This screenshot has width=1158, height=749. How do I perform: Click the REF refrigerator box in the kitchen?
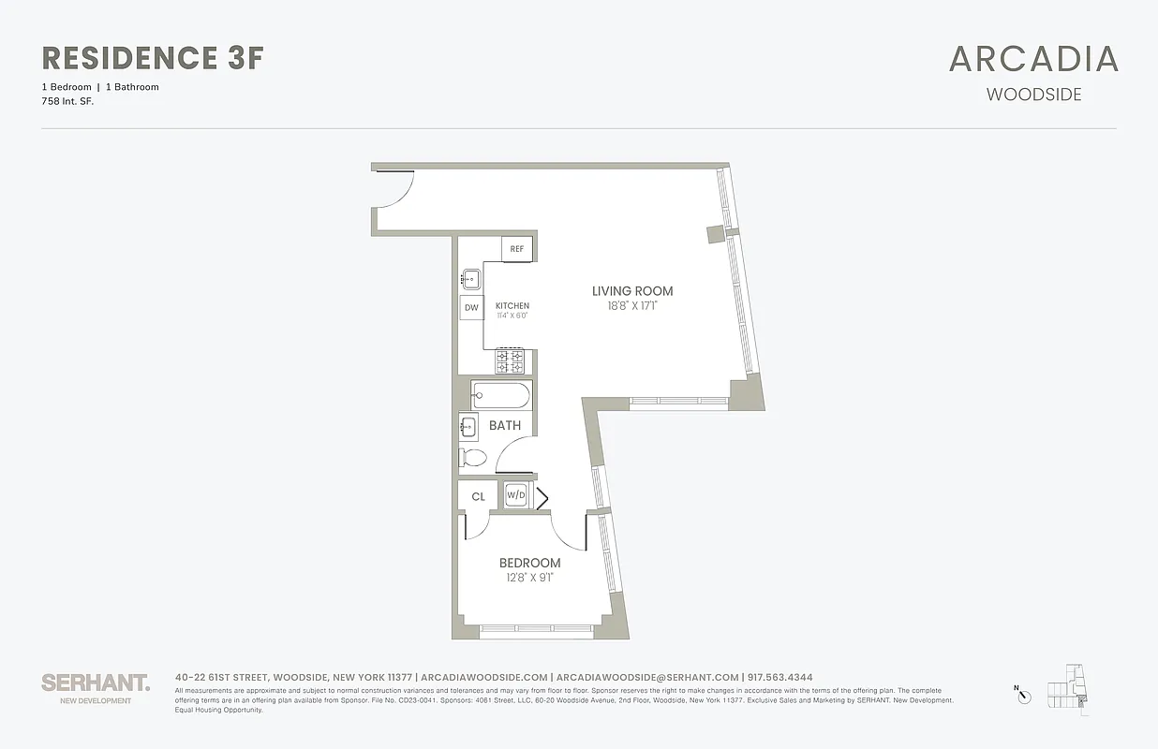click(517, 249)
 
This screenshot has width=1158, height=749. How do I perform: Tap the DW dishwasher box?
click(471, 307)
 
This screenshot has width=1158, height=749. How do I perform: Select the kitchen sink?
click(470, 278)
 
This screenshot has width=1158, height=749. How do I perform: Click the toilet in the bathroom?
click(474, 458)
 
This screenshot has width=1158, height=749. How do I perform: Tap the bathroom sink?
click(468, 427)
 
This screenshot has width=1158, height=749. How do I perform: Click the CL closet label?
click(478, 497)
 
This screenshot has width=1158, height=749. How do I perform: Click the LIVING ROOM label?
click(632, 291)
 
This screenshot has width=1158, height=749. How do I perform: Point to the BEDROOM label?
click(529, 563)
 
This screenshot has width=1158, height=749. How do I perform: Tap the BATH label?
click(505, 425)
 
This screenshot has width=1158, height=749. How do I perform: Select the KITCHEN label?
click(512, 306)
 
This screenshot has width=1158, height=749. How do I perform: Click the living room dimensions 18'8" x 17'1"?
click(632, 305)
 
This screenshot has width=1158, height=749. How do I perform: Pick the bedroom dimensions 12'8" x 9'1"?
click(529, 577)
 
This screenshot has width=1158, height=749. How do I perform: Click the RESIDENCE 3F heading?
click(153, 58)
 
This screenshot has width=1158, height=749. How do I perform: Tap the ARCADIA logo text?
click(1033, 59)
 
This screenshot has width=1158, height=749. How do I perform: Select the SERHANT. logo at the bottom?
click(96, 683)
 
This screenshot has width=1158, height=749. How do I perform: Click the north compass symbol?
click(1024, 695)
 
